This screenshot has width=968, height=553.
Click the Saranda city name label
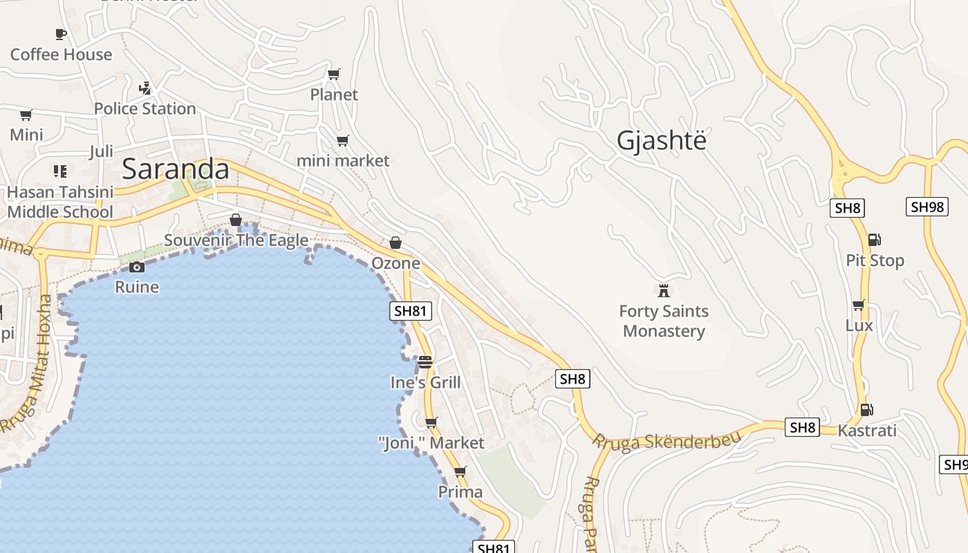(x=176, y=169)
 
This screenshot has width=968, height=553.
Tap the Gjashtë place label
(x=662, y=140)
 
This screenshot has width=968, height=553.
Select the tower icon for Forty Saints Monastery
(x=664, y=290)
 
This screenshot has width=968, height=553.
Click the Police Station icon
(x=145, y=88)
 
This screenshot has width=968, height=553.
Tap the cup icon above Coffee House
(x=61, y=34)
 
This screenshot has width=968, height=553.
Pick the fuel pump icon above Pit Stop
(x=875, y=240)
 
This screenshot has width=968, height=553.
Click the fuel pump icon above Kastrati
(x=866, y=410)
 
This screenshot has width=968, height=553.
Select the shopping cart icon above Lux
(x=859, y=305)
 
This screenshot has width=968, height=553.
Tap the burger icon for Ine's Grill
(x=425, y=362)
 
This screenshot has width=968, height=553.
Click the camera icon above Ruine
(x=137, y=267)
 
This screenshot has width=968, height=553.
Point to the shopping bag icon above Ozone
(x=395, y=243)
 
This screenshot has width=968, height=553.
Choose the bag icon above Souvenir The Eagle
(x=236, y=220)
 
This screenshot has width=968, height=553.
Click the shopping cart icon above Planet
(x=334, y=74)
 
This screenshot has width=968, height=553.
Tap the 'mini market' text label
(x=343, y=160)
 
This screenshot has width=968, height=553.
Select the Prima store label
(x=460, y=491)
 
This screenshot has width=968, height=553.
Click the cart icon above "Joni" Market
(x=431, y=422)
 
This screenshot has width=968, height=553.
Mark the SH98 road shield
(x=927, y=207)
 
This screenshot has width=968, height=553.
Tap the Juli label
(x=101, y=152)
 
